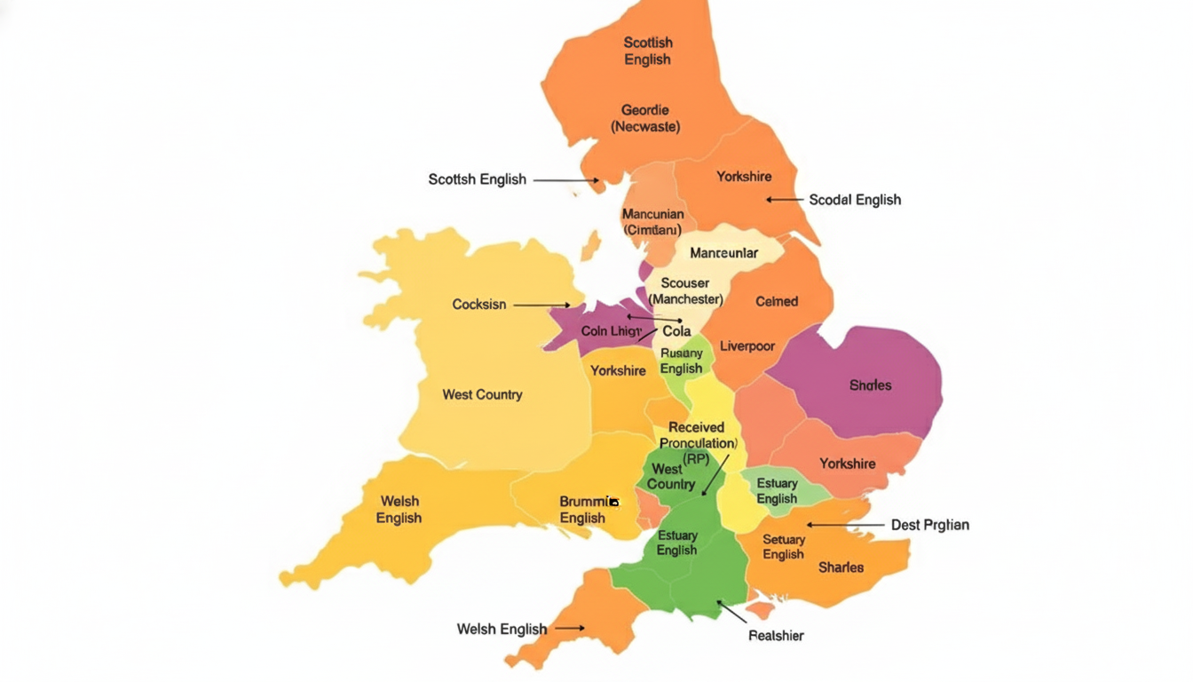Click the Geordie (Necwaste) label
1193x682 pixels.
point(645,118)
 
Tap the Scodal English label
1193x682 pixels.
point(855,200)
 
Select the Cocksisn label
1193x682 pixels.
point(479,305)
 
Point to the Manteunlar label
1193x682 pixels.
point(723,253)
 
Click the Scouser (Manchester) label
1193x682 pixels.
point(685,291)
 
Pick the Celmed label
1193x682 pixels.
point(777,302)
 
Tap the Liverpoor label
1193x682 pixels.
point(747,346)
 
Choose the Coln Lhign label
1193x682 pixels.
point(611,331)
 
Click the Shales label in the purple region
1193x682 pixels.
point(870,385)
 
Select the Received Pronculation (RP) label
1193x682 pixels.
point(697,442)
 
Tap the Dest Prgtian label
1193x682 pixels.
point(929,525)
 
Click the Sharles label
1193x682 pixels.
point(841,567)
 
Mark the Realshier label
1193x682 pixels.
point(776,635)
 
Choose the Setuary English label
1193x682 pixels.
point(783,547)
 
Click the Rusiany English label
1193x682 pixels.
point(682,361)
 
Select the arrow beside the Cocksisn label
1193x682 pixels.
point(541,305)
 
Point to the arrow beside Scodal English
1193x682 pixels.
point(784,200)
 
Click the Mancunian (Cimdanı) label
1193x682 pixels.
point(652,222)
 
